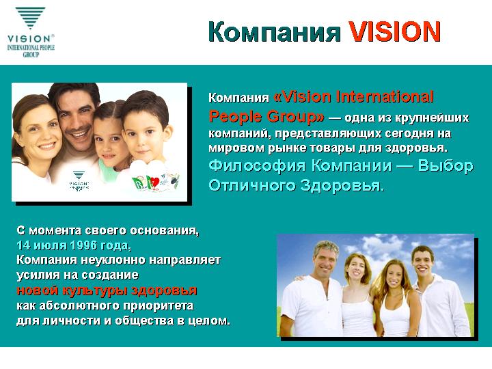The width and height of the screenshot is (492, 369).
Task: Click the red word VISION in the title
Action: [395, 31]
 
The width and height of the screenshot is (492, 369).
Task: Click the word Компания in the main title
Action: [275, 32]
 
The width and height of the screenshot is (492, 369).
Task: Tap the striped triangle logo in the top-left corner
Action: [31, 18]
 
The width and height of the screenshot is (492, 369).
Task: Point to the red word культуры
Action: [95, 291]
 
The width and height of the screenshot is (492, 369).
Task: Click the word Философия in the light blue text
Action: [258, 165]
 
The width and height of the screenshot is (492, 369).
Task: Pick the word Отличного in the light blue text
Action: [252, 185]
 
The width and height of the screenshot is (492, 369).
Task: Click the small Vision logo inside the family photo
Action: [79, 180]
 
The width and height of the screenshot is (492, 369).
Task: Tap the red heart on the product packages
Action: [154, 181]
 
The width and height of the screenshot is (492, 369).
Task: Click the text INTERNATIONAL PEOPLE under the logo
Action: [31, 48]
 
